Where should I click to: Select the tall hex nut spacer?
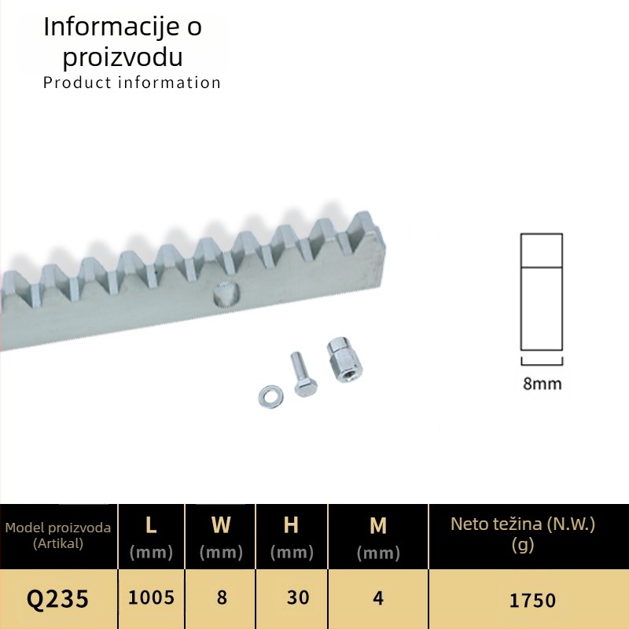coord(344,359)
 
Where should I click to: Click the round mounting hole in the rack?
coord(227,294)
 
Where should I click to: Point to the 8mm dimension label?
coord(542,384)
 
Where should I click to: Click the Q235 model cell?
coord(57,599)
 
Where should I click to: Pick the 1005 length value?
coord(151,598)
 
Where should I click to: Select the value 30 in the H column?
coord(298,598)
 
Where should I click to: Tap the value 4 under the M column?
coord(378,598)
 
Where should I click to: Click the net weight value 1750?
coord(532,601)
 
